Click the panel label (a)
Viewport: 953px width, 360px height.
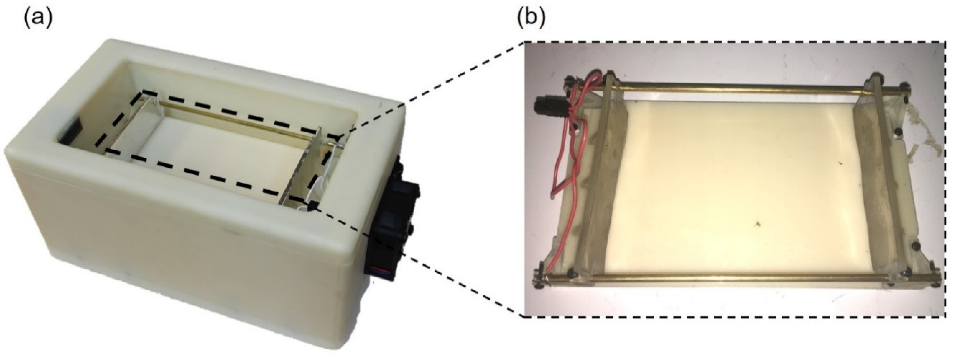(38, 20)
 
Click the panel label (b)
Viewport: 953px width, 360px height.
(532, 20)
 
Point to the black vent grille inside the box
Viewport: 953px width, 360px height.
(69, 134)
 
